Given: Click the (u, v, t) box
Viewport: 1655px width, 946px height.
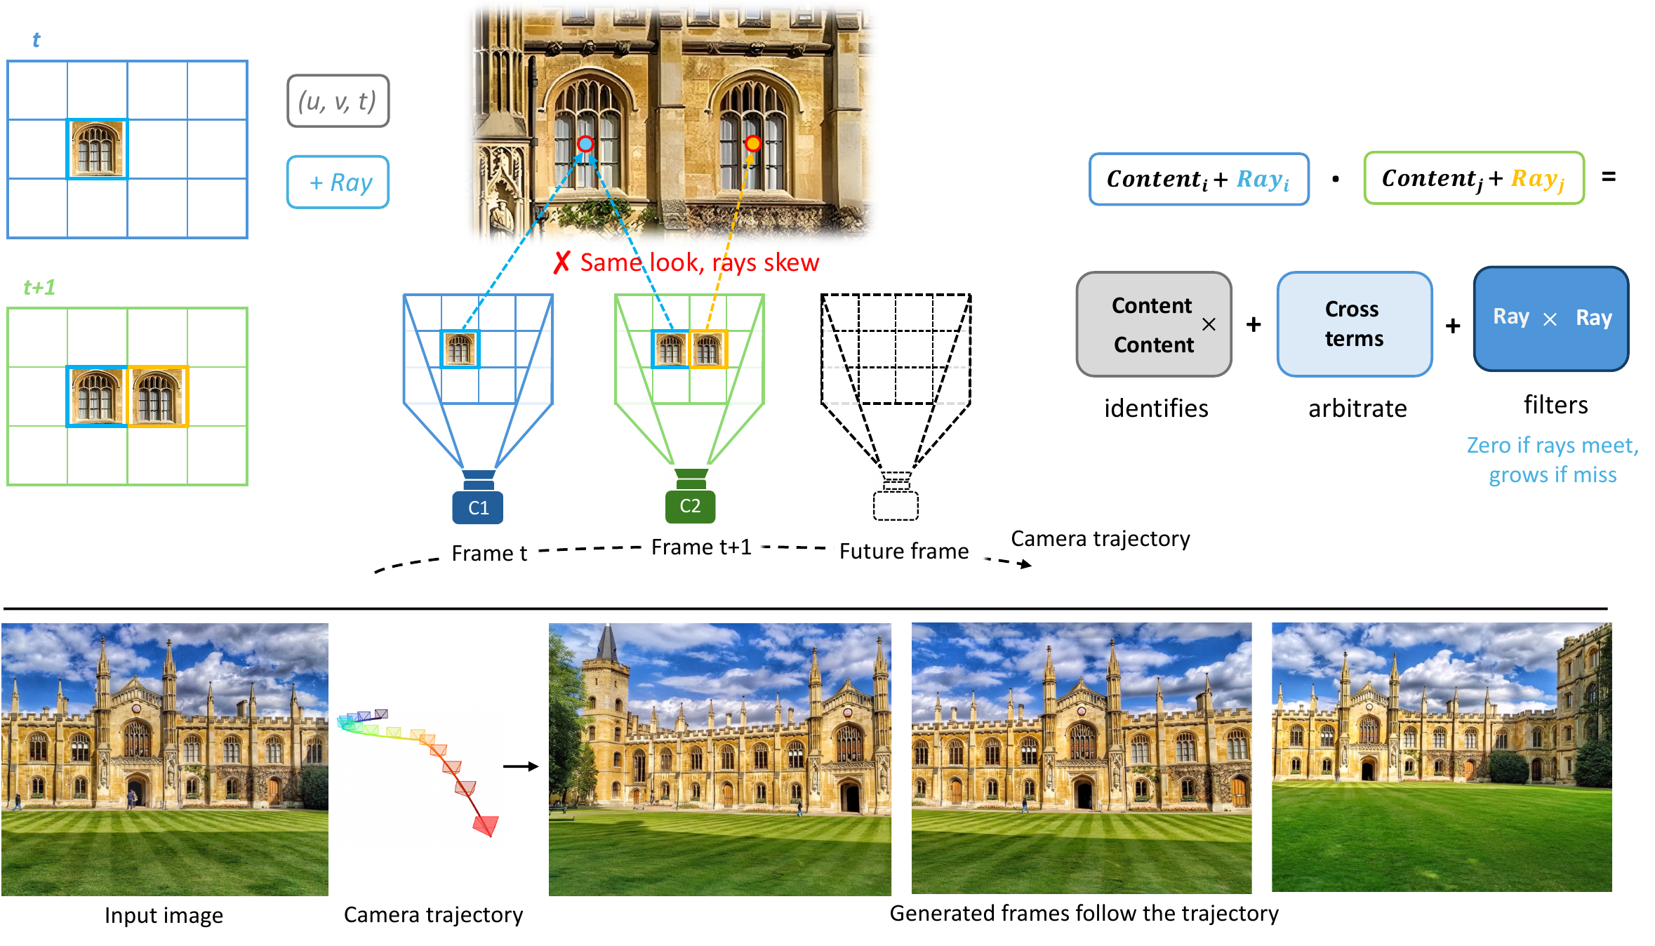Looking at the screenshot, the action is click(338, 101).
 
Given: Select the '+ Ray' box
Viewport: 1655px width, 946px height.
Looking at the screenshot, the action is click(338, 182).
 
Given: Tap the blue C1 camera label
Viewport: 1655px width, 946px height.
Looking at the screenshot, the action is click(478, 507).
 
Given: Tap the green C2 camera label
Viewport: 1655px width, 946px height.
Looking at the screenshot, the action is click(690, 506).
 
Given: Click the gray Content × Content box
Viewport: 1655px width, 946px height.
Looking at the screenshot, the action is click(1154, 324).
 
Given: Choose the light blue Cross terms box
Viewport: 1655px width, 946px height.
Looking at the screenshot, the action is click(1354, 324).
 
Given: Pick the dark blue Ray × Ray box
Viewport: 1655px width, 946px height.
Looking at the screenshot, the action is click(1551, 319).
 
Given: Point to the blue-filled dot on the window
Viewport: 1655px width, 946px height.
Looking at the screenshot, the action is click(585, 144).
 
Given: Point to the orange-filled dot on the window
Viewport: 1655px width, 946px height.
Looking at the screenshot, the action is click(753, 143).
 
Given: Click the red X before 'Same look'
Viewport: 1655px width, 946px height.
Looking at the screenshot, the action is click(561, 262).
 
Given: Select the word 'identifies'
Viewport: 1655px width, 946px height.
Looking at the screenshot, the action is click(1156, 408).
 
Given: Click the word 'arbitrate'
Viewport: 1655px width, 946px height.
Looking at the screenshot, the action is click(1357, 408).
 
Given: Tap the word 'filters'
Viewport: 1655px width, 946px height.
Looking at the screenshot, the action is click(1555, 404).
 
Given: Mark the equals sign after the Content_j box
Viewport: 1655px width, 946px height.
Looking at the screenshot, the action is click(1609, 177).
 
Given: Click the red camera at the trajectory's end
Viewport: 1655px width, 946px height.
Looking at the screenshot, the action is click(486, 825).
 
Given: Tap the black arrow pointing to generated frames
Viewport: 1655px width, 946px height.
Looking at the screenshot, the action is click(521, 766).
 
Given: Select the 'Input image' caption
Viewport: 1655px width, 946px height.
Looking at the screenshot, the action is click(164, 915).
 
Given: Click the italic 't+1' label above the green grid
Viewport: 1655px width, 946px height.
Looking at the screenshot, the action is click(39, 287).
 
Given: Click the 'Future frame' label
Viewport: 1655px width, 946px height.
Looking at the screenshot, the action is click(904, 551).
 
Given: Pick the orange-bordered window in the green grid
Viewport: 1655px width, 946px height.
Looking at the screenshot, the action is click(157, 397).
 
